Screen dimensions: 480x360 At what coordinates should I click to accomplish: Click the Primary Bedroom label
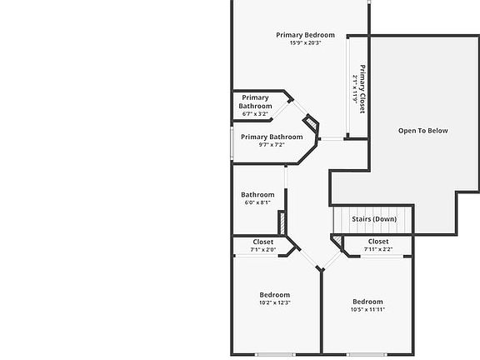click(x=305, y=35)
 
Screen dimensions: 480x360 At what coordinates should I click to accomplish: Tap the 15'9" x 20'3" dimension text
click(x=305, y=42)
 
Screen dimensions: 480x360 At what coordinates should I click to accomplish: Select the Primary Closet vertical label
click(x=362, y=89)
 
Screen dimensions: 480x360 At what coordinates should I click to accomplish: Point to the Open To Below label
click(x=423, y=131)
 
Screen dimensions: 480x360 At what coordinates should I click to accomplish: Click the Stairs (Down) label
click(x=374, y=219)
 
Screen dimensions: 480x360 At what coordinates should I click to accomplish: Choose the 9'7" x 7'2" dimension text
click(x=272, y=144)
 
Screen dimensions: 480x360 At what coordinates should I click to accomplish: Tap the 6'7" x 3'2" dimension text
click(x=255, y=114)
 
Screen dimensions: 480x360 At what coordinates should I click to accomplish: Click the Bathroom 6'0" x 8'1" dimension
click(x=257, y=202)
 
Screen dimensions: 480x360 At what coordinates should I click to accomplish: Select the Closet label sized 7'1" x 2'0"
click(x=263, y=242)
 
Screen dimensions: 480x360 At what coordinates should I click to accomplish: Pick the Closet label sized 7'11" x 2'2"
click(x=378, y=242)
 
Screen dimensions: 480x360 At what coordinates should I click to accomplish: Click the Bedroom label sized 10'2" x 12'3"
click(x=275, y=295)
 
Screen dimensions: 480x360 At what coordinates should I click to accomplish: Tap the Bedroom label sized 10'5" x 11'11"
click(x=367, y=302)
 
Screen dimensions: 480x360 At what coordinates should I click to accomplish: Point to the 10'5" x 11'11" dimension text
click(x=367, y=309)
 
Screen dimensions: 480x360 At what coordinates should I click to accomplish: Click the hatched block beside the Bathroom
click(x=282, y=222)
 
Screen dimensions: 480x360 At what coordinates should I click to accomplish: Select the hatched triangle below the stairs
click(x=337, y=240)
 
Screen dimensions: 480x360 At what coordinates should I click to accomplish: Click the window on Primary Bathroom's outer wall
click(x=232, y=143)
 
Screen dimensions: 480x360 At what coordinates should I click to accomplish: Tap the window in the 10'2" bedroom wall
click(x=275, y=355)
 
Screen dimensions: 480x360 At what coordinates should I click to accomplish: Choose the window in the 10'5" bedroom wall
click(x=367, y=355)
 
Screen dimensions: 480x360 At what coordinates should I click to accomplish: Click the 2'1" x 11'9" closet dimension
click(x=355, y=89)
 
